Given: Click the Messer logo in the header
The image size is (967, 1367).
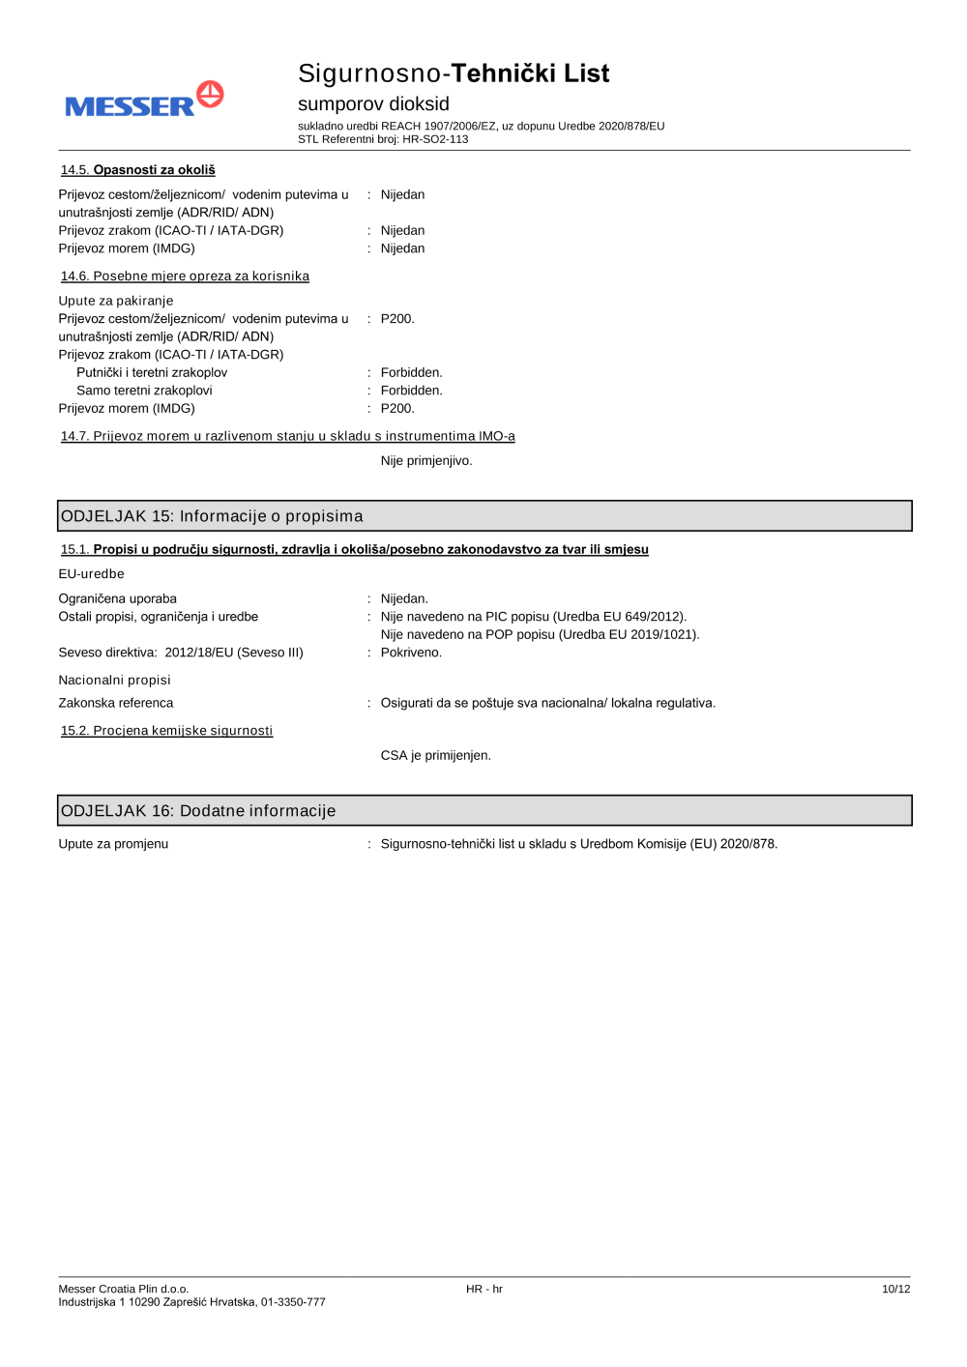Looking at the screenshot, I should [144, 100].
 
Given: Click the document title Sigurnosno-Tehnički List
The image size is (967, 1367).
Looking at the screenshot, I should [453, 73].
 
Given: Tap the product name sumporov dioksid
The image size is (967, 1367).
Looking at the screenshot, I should [373, 103].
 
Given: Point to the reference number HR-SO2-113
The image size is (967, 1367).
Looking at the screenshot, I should [435, 139].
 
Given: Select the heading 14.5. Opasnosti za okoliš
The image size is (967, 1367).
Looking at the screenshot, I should [138, 170].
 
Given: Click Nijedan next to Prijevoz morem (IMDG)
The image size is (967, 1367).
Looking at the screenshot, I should [402, 248].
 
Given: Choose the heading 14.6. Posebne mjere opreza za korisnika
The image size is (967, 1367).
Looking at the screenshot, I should [185, 276].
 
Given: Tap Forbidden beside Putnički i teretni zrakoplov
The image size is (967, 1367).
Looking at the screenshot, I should [411, 372].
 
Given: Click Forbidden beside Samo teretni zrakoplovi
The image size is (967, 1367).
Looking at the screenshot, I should [411, 391].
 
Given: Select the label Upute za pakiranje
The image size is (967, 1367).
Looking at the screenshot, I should [116, 301].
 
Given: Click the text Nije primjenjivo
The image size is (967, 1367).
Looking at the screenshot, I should [426, 461].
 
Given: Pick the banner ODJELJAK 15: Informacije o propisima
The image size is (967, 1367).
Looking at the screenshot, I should [484, 516].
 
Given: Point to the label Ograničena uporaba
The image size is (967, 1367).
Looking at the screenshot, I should [117, 598].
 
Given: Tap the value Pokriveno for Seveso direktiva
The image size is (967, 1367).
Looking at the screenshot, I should [411, 653].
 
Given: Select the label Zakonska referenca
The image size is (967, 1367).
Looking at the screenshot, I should [116, 703].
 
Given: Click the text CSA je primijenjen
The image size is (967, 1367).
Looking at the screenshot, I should [435, 755].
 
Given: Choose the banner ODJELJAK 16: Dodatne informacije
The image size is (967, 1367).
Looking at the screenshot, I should [484, 811].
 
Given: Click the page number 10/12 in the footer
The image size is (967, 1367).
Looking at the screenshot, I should [895, 1289].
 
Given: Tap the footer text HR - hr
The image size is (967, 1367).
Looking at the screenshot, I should [484, 1289].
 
